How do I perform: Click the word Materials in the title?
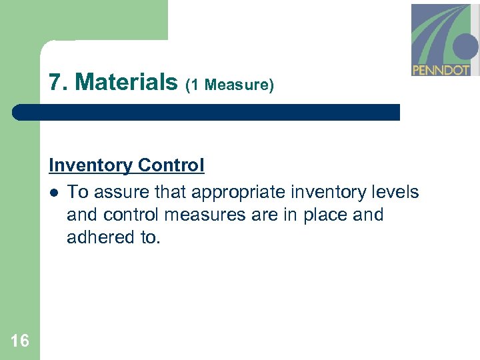pyautogui.click(x=127, y=82)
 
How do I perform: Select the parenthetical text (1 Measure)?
pyautogui.click(x=230, y=85)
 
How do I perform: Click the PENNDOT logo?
pyautogui.click(x=445, y=40)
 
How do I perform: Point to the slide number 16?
pyautogui.click(x=20, y=341)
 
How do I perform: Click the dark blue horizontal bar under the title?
pyautogui.click(x=207, y=112)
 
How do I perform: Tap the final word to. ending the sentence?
pyautogui.click(x=151, y=237)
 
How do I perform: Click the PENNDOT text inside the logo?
pyautogui.click(x=441, y=69)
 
